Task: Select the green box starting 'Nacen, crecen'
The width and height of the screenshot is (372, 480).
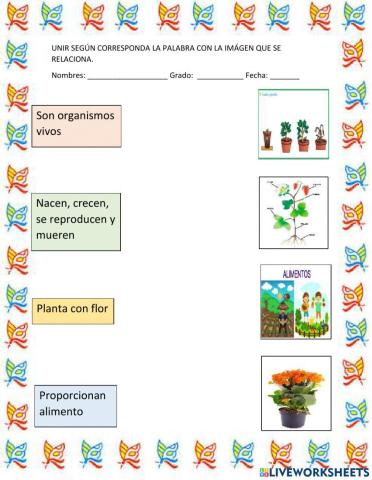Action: pyautogui.click(x=75, y=221)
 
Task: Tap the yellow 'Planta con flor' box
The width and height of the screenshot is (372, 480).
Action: pyautogui.click(x=72, y=310)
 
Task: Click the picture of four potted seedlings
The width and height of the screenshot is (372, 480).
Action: pyautogui.click(x=294, y=124)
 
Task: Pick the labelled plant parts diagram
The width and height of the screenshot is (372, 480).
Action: pyautogui.click(x=293, y=212)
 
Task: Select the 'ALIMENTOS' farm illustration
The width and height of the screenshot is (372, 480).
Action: pyautogui.click(x=295, y=301)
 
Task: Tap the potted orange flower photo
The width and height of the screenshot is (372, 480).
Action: pyautogui.click(x=295, y=392)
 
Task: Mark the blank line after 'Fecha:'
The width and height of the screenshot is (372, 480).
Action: pyautogui.click(x=284, y=76)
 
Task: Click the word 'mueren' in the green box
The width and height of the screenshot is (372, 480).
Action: pyautogui.click(x=56, y=237)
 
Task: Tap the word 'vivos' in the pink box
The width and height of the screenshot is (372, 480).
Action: pyautogui.click(x=51, y=131)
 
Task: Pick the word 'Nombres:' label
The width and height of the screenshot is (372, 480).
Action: pyautogui.click(x=68, y=76)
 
